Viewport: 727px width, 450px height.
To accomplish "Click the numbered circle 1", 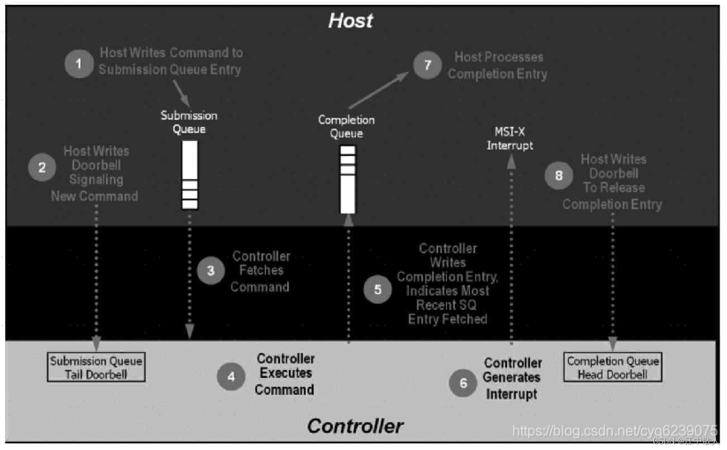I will (x=79, y=64).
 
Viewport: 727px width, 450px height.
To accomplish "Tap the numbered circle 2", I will (x=42, y=168).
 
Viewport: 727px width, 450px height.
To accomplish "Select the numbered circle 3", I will (x=211, y=271).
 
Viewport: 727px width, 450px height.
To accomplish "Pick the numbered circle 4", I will (x=231, y=377).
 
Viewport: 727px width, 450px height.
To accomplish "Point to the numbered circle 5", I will (x=378, y=290).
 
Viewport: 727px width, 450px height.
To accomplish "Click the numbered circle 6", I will (x=463, y=383).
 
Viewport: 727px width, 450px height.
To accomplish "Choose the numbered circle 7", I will (x=427, y=65).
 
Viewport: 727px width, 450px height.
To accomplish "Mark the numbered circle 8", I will (x=559, y=175).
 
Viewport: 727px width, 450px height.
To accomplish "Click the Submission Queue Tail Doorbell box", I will (x=96, y=367).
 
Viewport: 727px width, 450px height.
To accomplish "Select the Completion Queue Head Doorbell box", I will (x=613, y=367).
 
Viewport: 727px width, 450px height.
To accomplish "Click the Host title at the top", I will (x=351, y=21).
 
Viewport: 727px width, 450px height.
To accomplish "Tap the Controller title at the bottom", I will (x=355, y=426).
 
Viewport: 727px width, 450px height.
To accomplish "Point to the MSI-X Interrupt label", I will (x=510, y=138).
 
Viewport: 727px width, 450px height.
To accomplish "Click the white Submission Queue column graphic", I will (x=190, y=175).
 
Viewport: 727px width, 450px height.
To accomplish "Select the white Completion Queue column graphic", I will (x=348, y=179).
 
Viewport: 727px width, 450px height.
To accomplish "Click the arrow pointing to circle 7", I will (x=379, y=90).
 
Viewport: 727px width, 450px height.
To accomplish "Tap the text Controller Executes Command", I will (x=285, y=374).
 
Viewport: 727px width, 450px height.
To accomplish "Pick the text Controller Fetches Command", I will (x=261, y=271).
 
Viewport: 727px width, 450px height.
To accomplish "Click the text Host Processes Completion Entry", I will (x=498, y=65).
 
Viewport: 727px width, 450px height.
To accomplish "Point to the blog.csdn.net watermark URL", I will (x=614, y=431).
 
